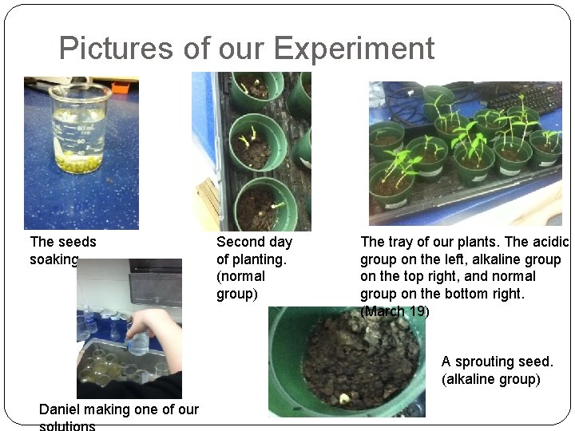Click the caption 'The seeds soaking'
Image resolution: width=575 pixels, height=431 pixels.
[x=62, y=250]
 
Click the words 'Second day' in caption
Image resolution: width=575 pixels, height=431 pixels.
[x=254, y=242]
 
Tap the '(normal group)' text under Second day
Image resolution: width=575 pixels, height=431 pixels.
[x=240, y=285]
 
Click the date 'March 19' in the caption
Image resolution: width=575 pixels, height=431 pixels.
[x=395, y=311]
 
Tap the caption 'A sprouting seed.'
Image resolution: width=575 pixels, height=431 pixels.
[x=497, y=362]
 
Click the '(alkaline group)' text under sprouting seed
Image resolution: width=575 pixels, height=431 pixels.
[x=490, y=379]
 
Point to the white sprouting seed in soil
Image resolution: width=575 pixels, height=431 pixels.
[x=344, y=397]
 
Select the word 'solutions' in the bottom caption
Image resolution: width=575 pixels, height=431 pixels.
[x=67, y=425]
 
